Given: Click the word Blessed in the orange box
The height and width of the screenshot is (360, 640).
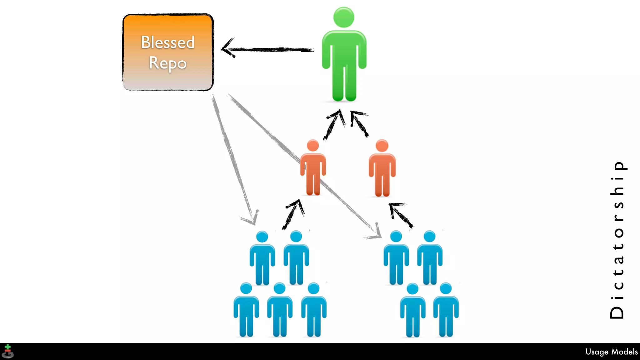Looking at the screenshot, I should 168,42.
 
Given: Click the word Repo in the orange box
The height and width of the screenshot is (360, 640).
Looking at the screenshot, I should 168,63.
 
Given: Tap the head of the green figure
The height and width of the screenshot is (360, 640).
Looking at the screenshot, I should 344,17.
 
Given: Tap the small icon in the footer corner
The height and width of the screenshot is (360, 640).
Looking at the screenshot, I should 8,351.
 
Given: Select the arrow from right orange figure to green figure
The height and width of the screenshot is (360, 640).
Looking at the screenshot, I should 359,123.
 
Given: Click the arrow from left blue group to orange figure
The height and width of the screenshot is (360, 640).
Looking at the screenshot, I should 293,214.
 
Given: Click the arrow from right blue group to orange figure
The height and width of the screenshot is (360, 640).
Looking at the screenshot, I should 401,215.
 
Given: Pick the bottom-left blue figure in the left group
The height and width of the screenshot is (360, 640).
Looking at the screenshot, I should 246,309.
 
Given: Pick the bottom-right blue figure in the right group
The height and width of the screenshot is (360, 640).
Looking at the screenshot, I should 446,309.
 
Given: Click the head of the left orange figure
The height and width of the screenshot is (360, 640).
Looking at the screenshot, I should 313,146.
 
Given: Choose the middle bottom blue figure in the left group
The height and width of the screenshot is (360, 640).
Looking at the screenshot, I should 280,309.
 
